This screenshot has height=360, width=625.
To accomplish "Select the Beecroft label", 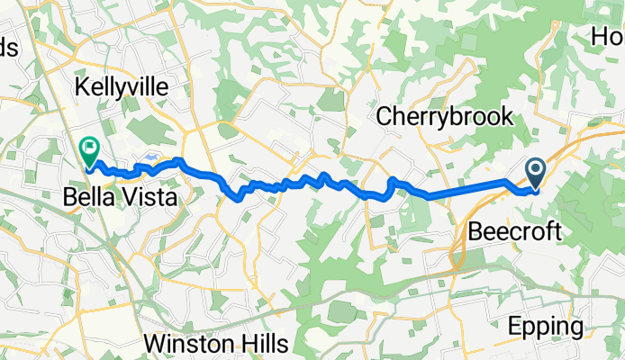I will (514, 232).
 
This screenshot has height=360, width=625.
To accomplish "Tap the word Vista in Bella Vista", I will (146, 197).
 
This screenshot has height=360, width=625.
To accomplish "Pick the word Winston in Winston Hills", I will (186, 344).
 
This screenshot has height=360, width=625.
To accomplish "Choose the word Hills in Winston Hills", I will (259, 344).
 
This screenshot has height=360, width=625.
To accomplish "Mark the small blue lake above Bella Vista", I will (149, 157).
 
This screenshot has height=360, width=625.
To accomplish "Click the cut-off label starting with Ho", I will (608, 38).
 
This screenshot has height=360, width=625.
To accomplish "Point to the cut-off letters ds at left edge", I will (8, 49).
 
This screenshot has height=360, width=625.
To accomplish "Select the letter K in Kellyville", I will (84, 87).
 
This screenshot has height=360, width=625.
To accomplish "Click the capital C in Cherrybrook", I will (385, 116).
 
